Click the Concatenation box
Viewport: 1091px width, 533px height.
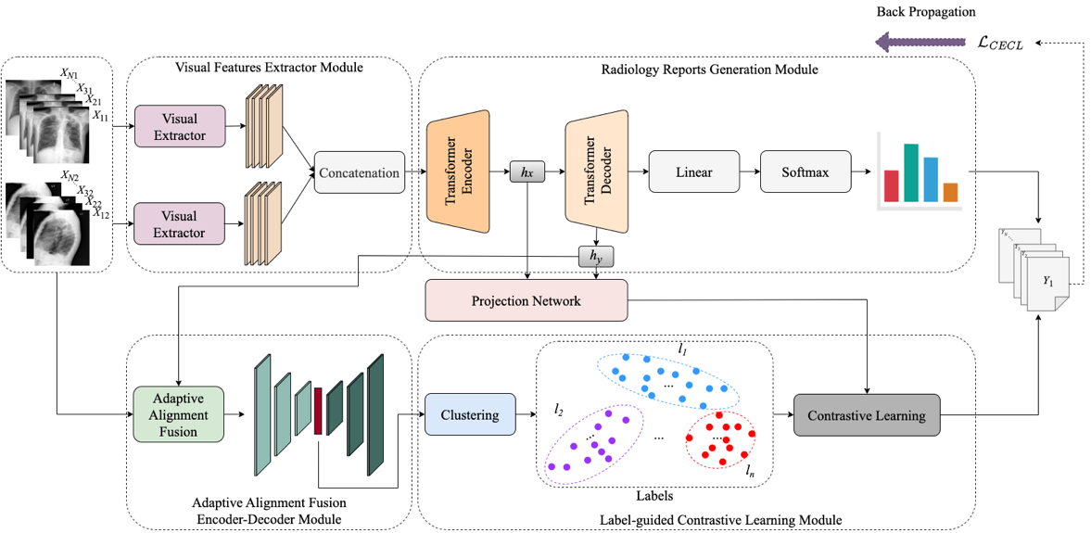pos(360,172)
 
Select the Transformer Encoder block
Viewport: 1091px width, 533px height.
pos(458,171)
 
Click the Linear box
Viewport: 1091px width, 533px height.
pos(693,172)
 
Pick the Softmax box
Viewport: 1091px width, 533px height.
pos(804,172)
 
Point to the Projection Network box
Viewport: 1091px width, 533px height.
pos(526,300)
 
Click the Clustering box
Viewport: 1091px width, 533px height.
pos(470,415)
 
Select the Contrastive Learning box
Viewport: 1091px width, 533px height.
pos(866,414)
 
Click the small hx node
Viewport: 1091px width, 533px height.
pos(526,172)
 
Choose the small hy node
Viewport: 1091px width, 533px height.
pos(596,254)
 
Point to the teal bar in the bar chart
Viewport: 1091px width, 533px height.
pos(911,172)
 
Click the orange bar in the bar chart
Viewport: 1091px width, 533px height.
pos(950,192)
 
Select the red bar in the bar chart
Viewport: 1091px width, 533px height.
pos(892,185)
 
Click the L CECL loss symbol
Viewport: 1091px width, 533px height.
pos(997,44)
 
